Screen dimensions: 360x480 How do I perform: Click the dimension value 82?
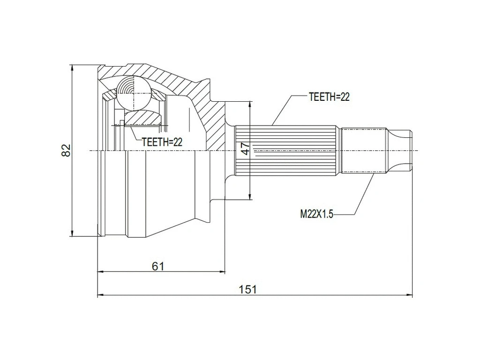click(66, 150)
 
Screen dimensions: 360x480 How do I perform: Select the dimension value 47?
click(245, 149)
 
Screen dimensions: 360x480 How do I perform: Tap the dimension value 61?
click(158, 266)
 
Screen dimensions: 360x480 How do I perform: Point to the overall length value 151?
click(248, 289)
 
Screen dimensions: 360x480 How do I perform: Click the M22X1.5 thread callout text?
click(316, 214)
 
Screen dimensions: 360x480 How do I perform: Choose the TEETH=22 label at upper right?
click(329, 97)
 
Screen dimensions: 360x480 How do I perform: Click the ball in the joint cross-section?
click(133, 92)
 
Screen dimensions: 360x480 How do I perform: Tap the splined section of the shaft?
click(286, 150)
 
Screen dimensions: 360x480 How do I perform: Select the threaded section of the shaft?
click(363, 150)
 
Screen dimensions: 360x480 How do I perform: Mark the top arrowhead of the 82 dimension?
click(72, 68)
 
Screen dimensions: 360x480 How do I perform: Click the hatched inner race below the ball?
click(143, 117)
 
